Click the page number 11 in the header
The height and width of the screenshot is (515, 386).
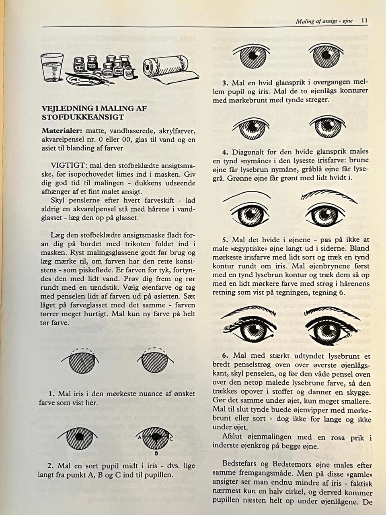364,21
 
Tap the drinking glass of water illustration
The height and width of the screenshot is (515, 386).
52,68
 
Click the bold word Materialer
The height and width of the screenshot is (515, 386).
60,131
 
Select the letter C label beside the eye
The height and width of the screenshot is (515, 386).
171,439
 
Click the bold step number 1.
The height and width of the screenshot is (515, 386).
51,393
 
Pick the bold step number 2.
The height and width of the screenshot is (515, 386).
51,466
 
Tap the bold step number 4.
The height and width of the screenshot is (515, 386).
225,152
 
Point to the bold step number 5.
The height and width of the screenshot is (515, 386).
225,240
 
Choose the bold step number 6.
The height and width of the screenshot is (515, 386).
225,356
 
